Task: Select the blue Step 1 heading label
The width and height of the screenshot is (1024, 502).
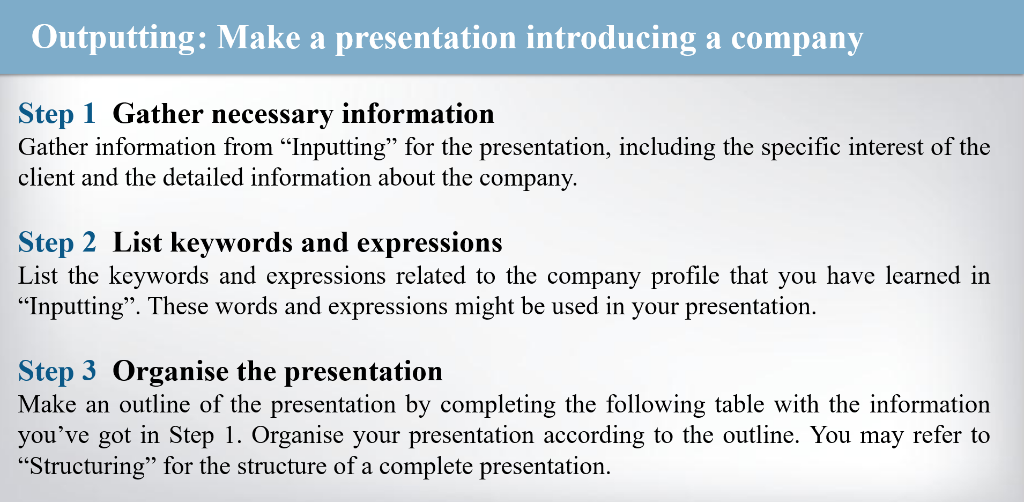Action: click(57, 114)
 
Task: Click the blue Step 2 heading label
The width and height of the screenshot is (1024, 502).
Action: click(57, 243)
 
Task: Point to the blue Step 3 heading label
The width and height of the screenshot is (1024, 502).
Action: click(57, 372)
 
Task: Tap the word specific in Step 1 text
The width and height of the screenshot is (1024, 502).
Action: click(800, 147)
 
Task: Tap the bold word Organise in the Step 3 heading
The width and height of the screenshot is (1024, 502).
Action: click(170, 372)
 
